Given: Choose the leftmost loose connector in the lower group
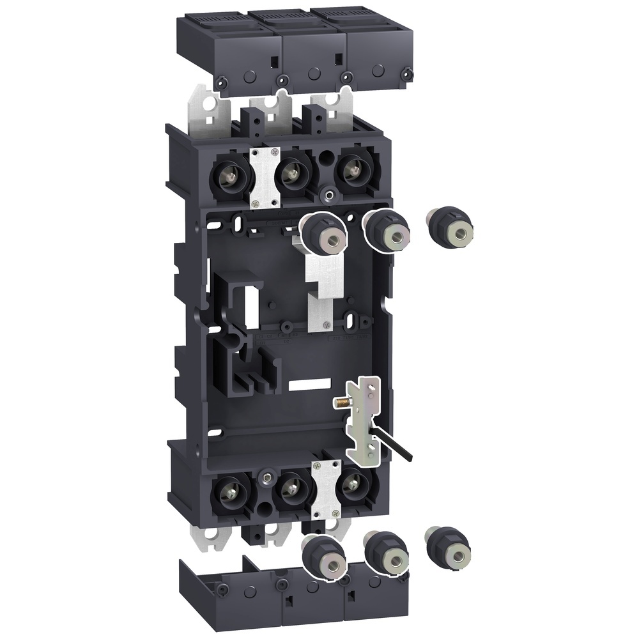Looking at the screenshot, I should click(324, 557).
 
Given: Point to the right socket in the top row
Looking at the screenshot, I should click(349, 169).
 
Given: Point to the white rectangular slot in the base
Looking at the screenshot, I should click(309, 385).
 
